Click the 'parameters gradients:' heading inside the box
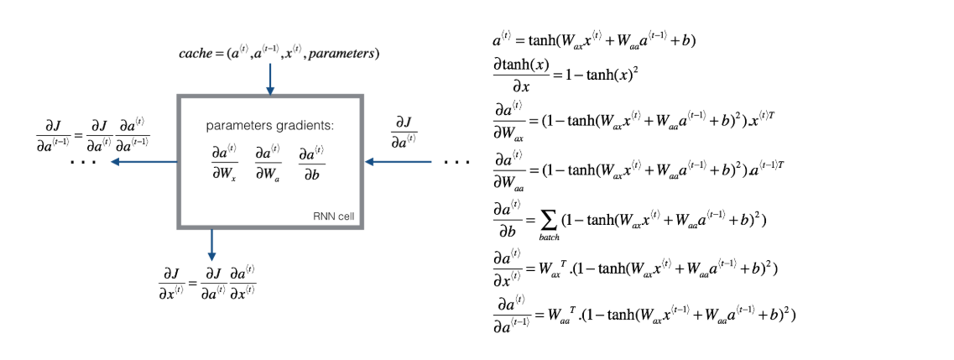click(269, 126)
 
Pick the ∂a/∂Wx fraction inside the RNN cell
click(224, 160)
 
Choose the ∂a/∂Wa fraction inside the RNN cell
click(268, 160)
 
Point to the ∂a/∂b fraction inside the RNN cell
click(311, 160)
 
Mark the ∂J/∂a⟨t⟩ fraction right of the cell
click(405, 131)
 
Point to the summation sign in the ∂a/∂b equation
click(549, 221)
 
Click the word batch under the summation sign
click(549, 238)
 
